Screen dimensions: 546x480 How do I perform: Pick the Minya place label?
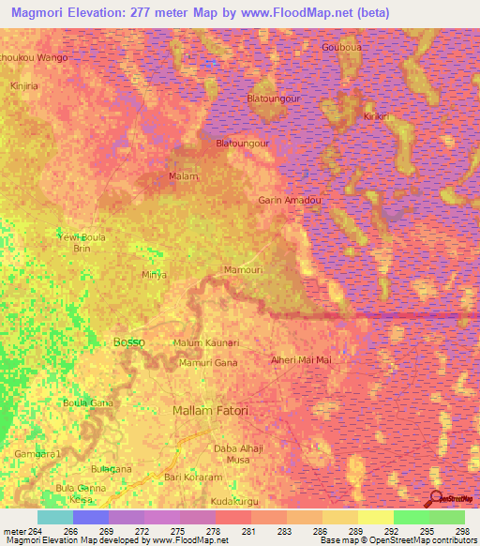click(x=154, y=275)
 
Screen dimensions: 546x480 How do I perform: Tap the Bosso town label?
click(x=128, y=342)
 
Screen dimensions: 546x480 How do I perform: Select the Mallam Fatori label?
click(x=211, y=411)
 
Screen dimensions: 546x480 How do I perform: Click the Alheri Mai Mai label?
click(x=300, y=359)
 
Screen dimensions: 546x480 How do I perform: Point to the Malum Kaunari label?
click(x=206, y=343)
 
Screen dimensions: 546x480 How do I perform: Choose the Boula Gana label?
click(x=87, y=402)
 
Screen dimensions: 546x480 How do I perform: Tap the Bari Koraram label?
click(x=191, y=477)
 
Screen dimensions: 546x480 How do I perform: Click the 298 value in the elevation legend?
click(x=459, y=530)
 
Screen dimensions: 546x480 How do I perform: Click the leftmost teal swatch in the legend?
click(x=55, y=517)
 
